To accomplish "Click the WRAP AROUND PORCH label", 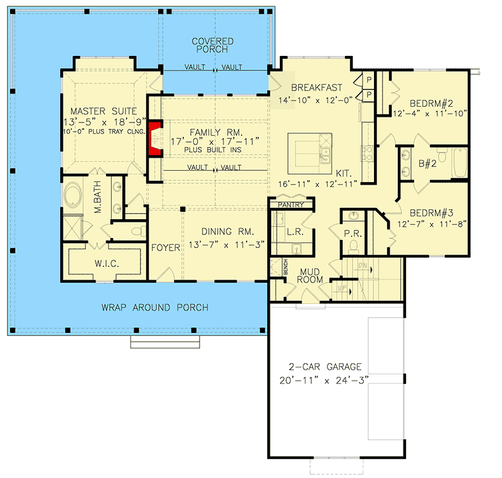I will coord(154,308).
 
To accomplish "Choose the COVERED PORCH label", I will coord(213,46).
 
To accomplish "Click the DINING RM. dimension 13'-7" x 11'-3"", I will coord(223,244).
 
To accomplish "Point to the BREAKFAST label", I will coord(316,87).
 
